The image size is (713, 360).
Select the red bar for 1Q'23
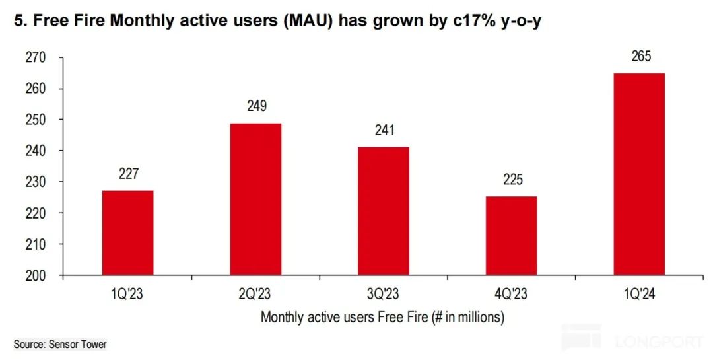[x=128, y=233]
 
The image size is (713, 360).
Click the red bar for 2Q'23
[x=255, y=199]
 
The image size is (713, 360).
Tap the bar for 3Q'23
[x=384, y=211]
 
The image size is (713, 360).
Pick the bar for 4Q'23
[x=511, y=235]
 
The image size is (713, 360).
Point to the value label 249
[x=255, y=106]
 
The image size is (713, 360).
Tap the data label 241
[x=384, y=130]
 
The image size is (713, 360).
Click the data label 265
[x=639, y=57]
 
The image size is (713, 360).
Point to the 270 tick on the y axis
[x=36, y=58]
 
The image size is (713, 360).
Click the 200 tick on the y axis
[x=36, y=275]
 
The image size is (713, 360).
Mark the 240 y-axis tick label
[x=36, y=151]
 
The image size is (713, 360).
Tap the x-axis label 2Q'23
[x=255, y=291]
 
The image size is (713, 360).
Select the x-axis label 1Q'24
[x=639, y=291]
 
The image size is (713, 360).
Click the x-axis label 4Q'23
[x=511, y=291]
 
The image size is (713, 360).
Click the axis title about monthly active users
[x=383, y=317]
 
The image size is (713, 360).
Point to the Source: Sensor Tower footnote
[x=59, y=344]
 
